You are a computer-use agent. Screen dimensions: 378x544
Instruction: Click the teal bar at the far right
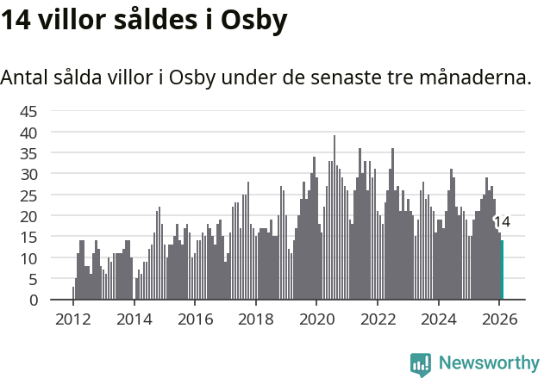502,270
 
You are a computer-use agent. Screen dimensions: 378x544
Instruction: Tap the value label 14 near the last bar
502,222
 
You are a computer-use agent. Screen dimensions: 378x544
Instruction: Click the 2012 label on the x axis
72,319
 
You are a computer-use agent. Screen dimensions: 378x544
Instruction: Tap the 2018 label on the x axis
255,319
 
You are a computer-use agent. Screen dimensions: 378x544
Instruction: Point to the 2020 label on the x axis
316,319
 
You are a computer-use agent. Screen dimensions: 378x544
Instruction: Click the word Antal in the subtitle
25,77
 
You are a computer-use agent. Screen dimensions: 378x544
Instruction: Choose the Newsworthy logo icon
421,364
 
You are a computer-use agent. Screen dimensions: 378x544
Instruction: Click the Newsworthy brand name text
488,364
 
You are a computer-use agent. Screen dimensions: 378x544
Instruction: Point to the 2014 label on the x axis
134,319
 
